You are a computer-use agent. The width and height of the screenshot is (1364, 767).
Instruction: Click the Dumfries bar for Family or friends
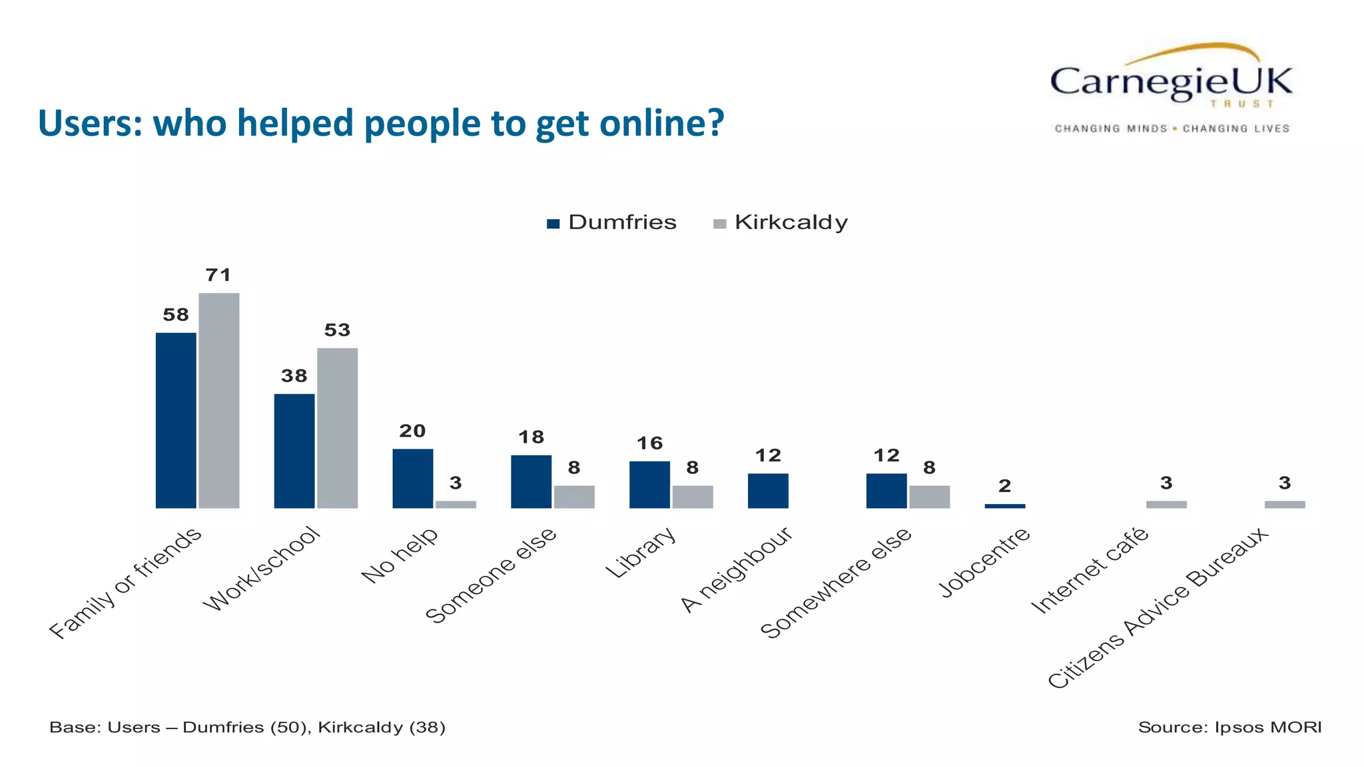point(176,420)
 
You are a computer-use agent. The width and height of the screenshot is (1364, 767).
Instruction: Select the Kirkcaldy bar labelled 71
point(218,400)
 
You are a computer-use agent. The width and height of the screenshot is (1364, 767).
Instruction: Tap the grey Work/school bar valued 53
point(337,427)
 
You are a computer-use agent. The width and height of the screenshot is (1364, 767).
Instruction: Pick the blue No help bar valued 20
point(412,478)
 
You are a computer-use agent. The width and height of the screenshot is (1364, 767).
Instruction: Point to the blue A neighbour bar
point(768,491)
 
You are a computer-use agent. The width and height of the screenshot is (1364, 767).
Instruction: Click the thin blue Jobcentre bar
point(1004,506)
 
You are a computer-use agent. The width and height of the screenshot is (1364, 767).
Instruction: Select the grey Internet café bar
point(1166,504)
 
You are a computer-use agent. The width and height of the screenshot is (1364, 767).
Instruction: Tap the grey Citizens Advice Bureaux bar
point(1285,504)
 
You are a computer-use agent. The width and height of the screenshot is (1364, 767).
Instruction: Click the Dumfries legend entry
point(611,222)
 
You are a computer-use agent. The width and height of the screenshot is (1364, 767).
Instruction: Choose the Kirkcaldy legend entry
point(781,222)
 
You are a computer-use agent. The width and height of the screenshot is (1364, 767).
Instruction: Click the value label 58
point(176,314)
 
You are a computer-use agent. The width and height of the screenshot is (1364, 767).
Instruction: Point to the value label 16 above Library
point(649,443)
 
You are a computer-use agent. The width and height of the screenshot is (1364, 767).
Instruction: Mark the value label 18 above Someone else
point(531,437)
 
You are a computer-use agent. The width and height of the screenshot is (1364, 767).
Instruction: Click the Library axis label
point(641,553)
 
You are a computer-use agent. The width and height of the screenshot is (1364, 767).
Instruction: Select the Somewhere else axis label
point(836,583)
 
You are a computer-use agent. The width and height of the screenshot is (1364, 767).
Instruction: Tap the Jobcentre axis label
point(984,563)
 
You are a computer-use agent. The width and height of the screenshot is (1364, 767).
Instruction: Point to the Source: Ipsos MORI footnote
point(1229,727)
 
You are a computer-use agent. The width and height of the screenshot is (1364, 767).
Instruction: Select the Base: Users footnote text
point(247,727)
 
